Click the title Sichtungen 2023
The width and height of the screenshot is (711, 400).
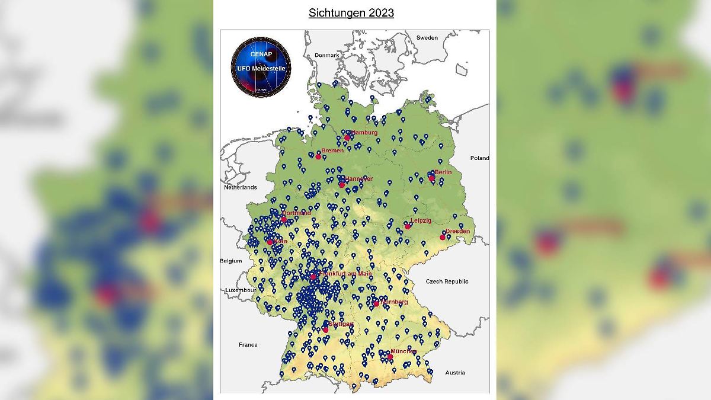point(351,13)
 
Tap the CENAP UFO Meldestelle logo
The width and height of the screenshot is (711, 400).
point(261,66)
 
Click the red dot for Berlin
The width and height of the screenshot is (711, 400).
point(432,178)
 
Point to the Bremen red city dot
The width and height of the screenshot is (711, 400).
point(318,156)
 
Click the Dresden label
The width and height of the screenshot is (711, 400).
point(458,231)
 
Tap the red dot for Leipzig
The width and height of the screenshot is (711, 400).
point(408,226)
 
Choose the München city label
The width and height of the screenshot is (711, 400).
point(403,351)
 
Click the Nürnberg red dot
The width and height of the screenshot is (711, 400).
point(376,303)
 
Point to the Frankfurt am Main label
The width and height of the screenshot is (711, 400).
point(346,274)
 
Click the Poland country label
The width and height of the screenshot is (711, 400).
point(479,158)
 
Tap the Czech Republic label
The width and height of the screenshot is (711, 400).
point(447,281)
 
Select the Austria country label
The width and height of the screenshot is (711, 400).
point(455,373)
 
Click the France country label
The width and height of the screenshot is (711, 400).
point(248,344)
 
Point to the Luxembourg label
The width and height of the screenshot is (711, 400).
point(239,290)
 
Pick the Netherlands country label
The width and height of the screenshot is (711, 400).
point(240,187)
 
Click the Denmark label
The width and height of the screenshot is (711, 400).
point(326,55)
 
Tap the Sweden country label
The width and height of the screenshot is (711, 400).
point(427,37)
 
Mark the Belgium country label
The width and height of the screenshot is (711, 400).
point(231,261)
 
